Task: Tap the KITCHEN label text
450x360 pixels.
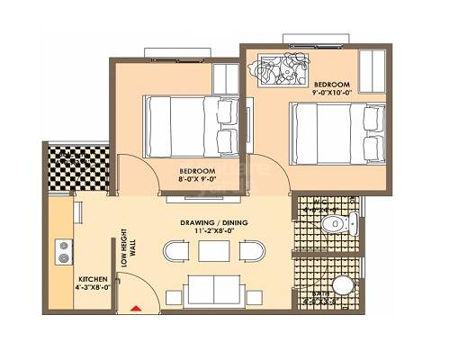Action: (x=92, y=279)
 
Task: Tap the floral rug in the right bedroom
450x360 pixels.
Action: (x=284, y=69)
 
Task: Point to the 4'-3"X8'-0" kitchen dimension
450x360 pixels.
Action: (x=94, y=289)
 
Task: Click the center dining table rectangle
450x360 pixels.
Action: (x=212, y=251)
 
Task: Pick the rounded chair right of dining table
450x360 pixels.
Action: (x=256, y=250)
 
